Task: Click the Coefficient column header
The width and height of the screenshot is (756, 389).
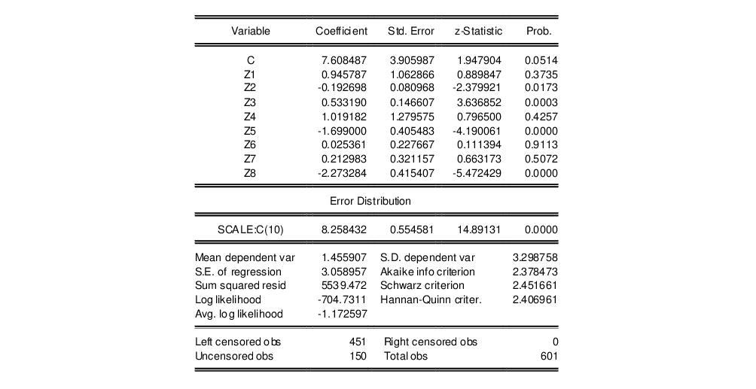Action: [341, 32]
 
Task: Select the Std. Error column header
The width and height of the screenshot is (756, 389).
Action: [411, 32]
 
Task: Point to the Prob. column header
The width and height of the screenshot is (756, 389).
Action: [538, 32]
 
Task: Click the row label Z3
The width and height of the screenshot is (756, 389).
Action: [250, 102]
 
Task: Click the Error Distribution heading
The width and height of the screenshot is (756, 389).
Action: [370, 202]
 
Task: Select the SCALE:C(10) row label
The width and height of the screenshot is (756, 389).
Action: [251, 229]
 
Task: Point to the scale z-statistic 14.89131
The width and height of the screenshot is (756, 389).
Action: [477, 229]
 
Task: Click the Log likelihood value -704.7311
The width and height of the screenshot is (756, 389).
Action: [343, 299]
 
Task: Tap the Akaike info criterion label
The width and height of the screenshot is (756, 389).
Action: [428, 272]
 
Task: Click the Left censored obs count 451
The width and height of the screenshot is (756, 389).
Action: [357, 342]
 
